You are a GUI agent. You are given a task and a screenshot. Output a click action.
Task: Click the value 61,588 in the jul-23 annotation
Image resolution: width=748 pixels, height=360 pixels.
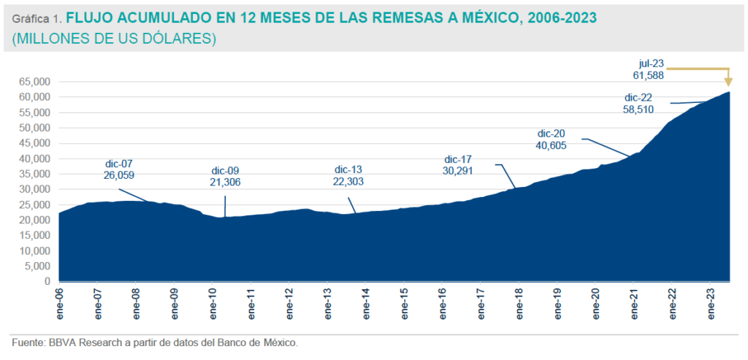(x=648, y=75)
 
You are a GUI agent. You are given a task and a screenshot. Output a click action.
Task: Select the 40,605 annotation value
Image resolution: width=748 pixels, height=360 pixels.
(x=552, y=145)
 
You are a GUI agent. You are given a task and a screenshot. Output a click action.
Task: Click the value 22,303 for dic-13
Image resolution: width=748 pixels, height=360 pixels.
(x=348, y=182)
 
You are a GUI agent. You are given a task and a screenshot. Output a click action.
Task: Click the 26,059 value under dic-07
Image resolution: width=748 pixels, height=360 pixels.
(x=119, y=175)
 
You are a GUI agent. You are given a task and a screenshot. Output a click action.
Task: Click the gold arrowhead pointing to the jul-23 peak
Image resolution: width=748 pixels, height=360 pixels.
(x=728, y=83)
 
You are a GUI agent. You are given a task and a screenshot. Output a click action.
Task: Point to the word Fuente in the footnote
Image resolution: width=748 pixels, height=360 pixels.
(x=27, y=342)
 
